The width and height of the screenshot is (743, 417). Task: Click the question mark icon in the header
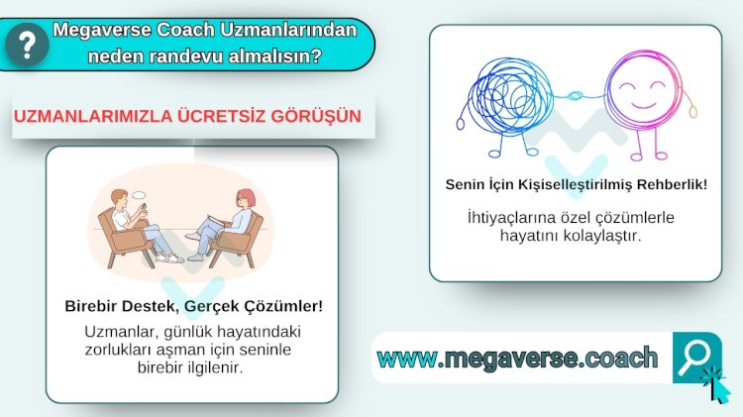tap(27, 45)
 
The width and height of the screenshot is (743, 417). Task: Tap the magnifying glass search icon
tap(694, 357)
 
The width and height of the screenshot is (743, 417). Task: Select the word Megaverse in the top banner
tap(102, 30)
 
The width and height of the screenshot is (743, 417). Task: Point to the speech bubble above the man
tap(139, 195)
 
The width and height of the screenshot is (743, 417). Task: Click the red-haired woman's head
tap(245, 197)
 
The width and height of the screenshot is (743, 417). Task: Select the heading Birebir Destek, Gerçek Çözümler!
tap(194, 306)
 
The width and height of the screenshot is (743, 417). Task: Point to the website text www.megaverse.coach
tap(517, 358)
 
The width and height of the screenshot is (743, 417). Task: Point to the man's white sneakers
tap(169, 259)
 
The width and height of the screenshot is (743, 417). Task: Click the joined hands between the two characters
tap(576, 96)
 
